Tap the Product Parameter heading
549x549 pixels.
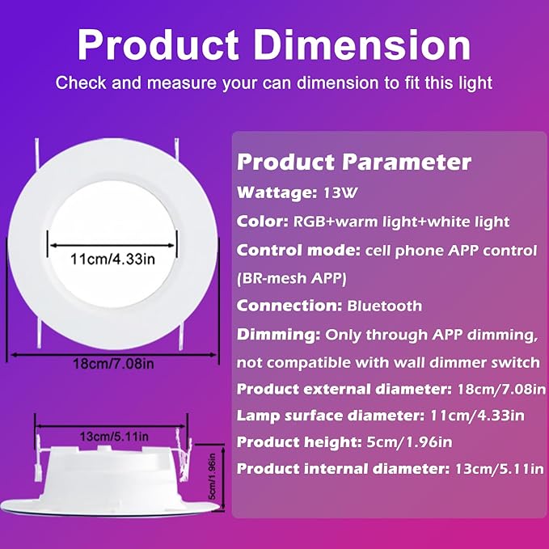tap(353, 163)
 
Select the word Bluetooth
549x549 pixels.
tap(385, 306)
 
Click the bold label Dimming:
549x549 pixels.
tap(278, 334)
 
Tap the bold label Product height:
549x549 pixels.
tap(295, 443)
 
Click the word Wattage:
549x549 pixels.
tap(268, 194)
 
